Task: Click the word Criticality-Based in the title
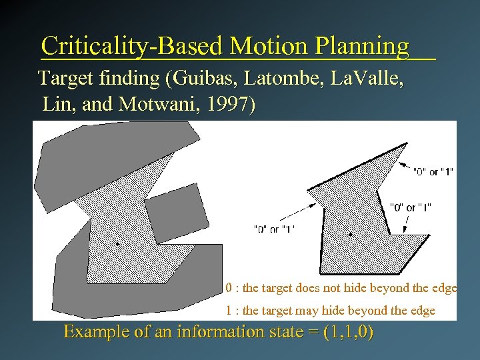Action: [131, 46]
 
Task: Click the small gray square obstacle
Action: [173, 213]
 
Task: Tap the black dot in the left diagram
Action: [119, 245]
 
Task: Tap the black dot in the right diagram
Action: [351, 234]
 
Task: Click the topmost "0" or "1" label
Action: [433, 172]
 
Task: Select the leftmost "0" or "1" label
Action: [274, 229]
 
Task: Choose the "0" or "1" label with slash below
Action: [410, 207]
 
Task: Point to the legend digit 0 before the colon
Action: [229, 289]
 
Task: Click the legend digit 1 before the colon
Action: [229, 311]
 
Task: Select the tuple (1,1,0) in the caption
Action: [347, 332]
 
